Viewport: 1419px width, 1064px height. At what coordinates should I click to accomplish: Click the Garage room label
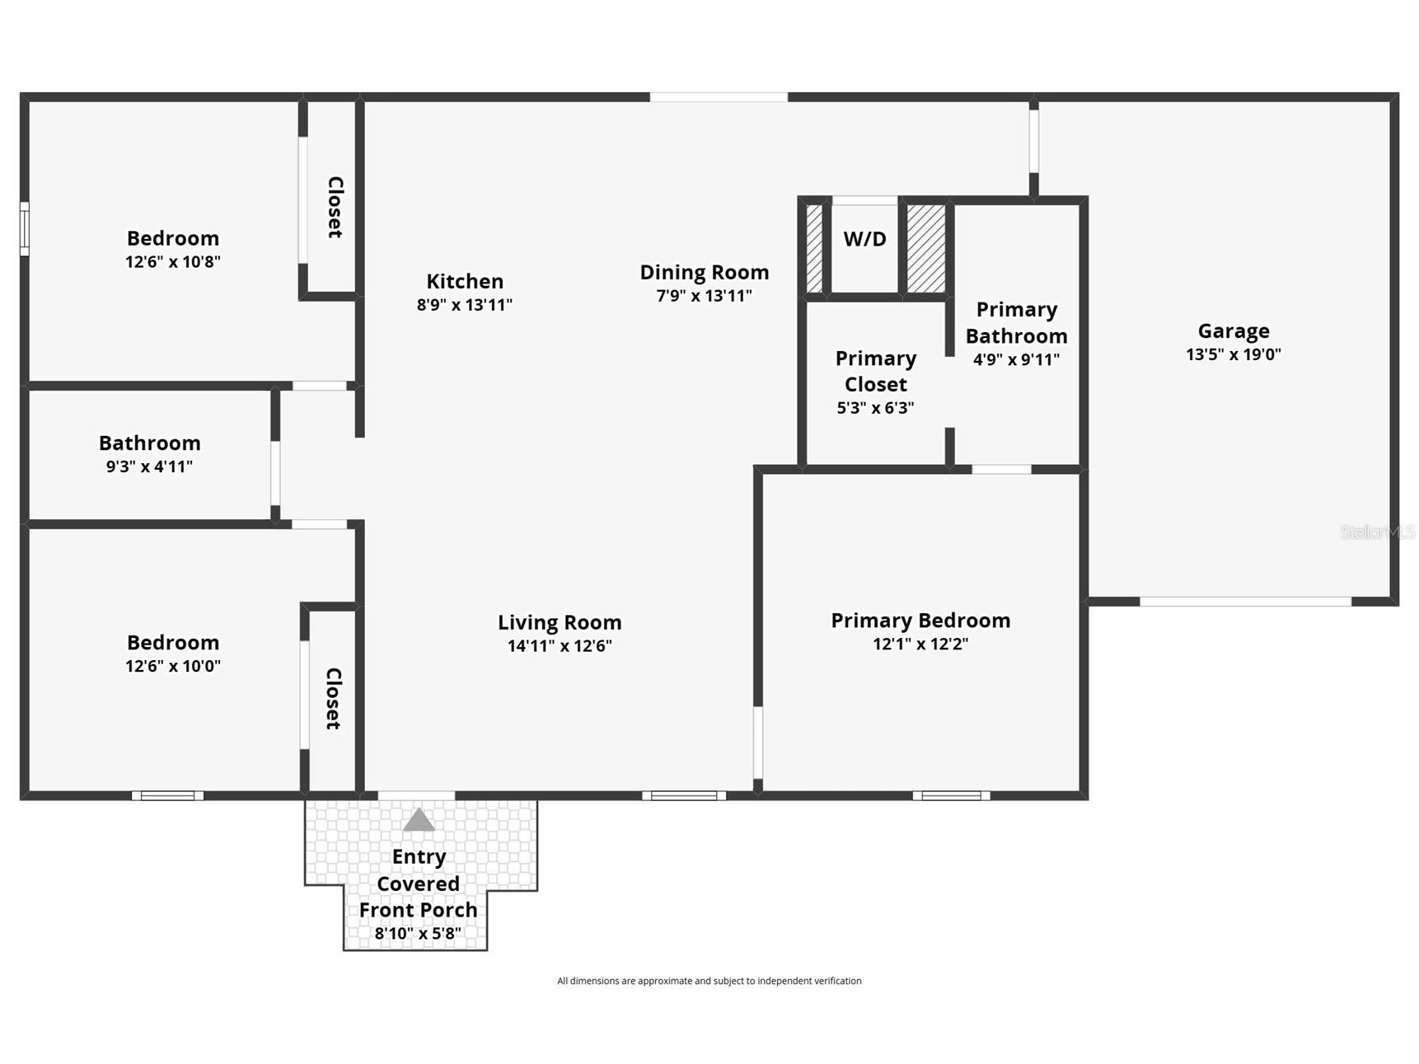click(1233, 331)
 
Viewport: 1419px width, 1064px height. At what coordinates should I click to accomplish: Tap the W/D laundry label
click(864, 239)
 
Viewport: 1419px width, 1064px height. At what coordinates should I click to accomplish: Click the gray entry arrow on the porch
click(419, 820)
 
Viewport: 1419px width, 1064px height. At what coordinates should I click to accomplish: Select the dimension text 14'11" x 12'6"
click(560, 646)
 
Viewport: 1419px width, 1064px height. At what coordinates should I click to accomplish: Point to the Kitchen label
click(465, 281)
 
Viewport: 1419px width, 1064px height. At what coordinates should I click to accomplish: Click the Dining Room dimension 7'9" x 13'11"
click(704, 296)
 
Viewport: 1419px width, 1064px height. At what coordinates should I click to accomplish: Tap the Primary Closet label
click(875, 371)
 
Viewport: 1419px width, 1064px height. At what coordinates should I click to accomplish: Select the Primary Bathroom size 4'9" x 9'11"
click(1016, 359)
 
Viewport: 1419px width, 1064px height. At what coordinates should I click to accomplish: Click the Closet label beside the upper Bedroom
click(335, 207)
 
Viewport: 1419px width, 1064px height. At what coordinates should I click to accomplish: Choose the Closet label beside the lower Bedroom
click(333, 698)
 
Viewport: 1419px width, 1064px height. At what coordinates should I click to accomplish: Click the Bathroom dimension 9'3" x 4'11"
click(149, 466)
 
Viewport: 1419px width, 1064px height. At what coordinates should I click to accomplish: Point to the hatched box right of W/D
click(926, 248)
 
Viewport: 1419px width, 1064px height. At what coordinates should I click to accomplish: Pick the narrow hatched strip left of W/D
click(814, 248)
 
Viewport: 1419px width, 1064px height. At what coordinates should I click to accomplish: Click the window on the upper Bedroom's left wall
click(25, 228)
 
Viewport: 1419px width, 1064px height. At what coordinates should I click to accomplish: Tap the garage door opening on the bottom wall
click(1245, 602)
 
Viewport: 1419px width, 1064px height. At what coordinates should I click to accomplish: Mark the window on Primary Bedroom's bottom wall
click(951, 795)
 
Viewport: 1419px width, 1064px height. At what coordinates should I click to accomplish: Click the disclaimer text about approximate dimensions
click(709, 981)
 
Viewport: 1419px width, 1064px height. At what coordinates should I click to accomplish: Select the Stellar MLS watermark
click(1376, 532)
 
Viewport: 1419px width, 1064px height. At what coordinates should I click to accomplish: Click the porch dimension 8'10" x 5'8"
click(418, 934)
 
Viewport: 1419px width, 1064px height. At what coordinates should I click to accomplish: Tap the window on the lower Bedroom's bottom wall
click(167, 795)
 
